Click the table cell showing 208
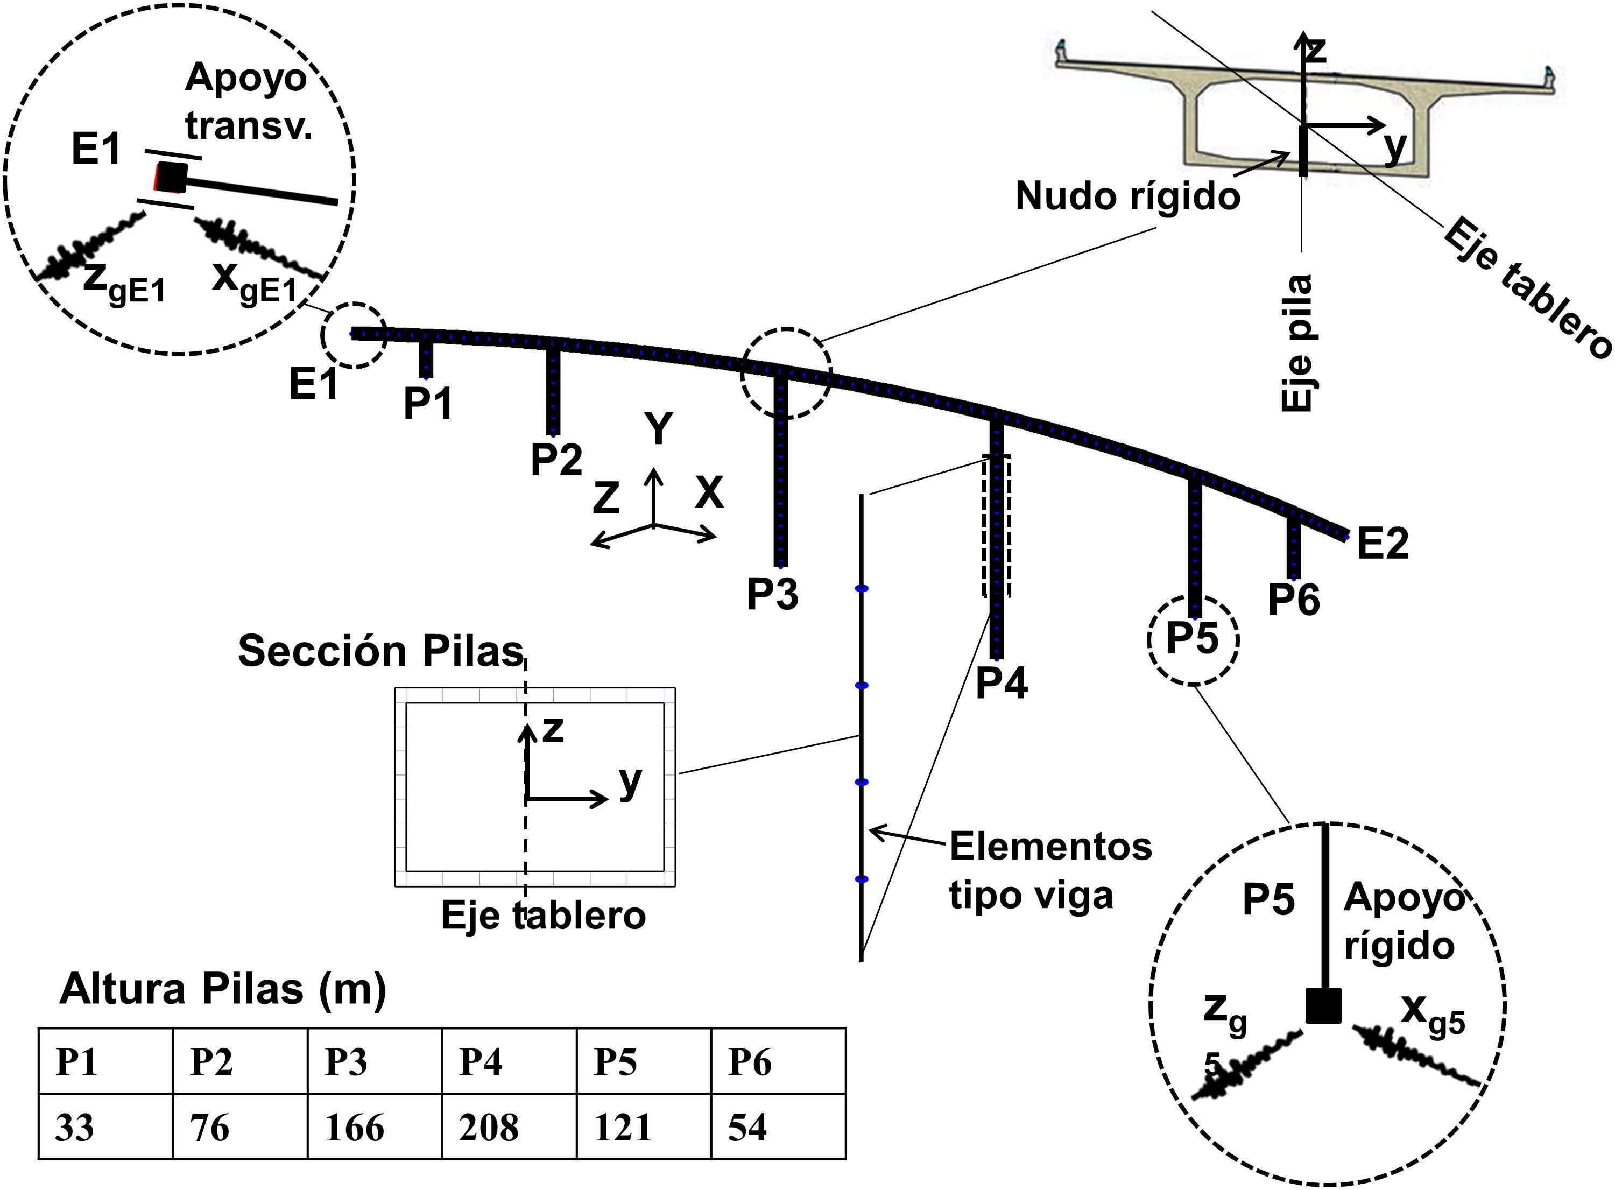pos(509,1128)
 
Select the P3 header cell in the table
pos(375,1062)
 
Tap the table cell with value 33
pos(105,1128)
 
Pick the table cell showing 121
pos(643,1128)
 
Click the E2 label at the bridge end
pos(1381,544)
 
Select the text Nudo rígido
pos(1127,196)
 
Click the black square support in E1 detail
pos(172,177)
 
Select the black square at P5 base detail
pos(1323,1005)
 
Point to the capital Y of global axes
pos(658,429)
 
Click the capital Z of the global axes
pos(606,498)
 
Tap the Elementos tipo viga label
pos(1049,870)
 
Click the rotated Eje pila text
pos(1297,343)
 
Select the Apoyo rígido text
pos(1403,921)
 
